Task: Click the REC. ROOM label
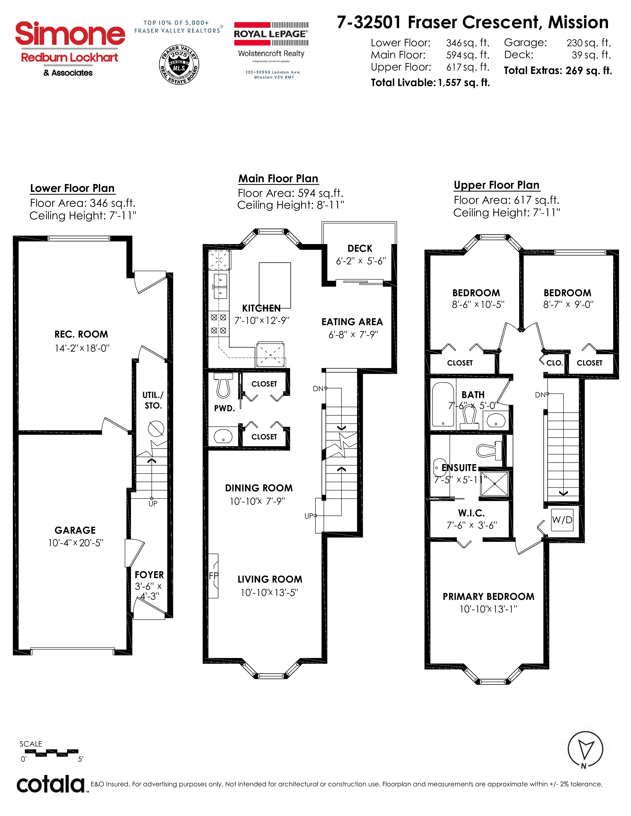pos(81,334)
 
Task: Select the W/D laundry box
pos(562,520)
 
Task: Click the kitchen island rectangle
pos(275,285)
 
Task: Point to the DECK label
pos(360,249)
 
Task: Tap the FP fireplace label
pos(214,576)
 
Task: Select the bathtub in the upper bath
pos(443,404)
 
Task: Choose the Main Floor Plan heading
pos(278,179)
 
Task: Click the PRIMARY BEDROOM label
pos(488,597)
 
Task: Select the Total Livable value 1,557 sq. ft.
pos(463,83)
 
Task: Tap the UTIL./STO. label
pos(153,400)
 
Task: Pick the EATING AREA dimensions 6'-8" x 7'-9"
pos(353,334)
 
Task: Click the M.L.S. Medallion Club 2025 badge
pos(179,65)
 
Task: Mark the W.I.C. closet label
pos(471,513)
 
